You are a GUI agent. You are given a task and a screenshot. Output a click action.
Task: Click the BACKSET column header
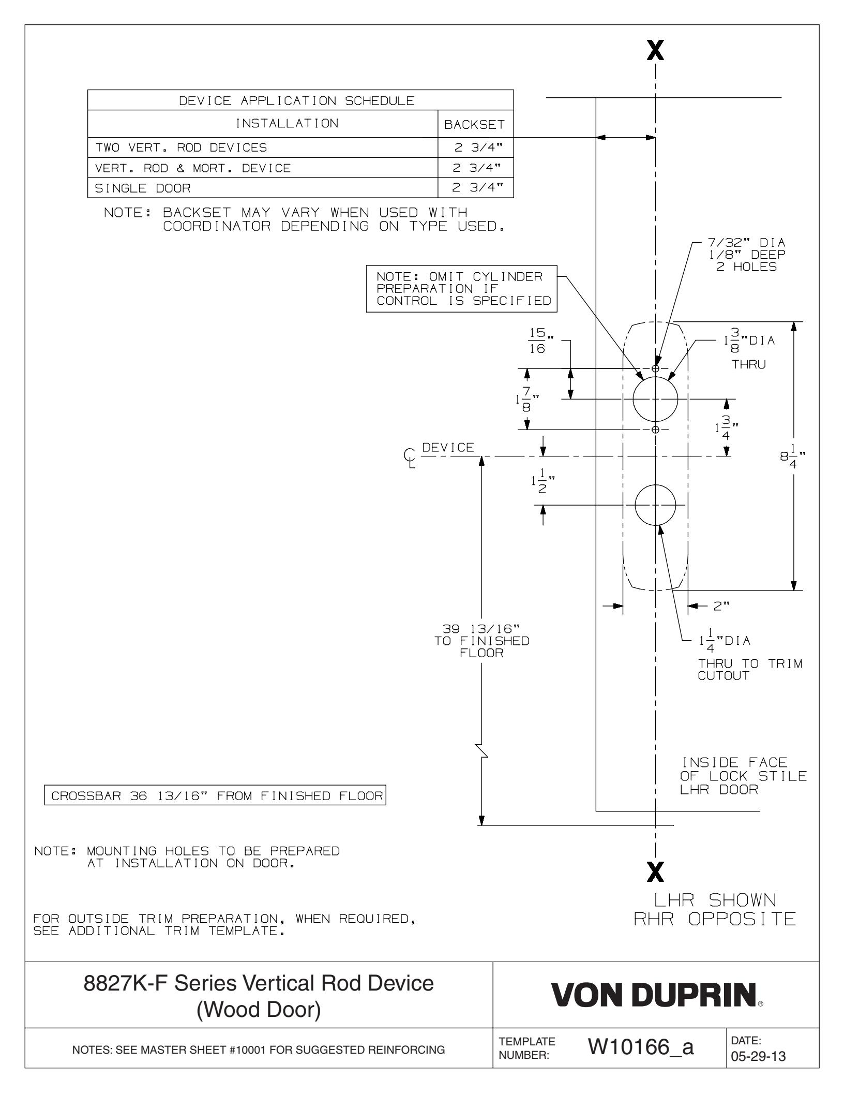coord(475,124)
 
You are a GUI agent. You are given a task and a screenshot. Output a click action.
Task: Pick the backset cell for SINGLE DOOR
coord(475,188)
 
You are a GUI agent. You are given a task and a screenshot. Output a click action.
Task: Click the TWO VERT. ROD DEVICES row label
coord(181,148)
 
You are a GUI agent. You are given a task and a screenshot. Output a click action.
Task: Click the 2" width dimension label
coord(721,606)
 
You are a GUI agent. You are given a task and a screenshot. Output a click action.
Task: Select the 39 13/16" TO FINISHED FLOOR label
coord(482,641)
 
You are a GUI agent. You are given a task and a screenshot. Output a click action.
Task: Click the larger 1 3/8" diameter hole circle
coord(655,399)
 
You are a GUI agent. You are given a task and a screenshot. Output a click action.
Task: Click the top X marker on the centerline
coord(655,51)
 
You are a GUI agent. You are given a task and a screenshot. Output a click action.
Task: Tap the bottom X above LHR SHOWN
coord(655,874)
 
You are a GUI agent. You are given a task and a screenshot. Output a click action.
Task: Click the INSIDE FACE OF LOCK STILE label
coord(743,776)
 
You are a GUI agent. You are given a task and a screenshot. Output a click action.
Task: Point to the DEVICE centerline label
coord(448,448)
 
